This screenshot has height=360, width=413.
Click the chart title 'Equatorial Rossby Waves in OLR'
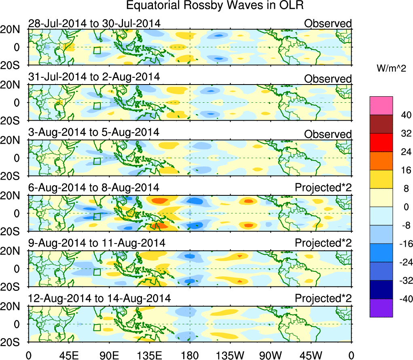tap(215, 6)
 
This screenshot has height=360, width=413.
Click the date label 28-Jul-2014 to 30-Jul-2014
tap(95, 23)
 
